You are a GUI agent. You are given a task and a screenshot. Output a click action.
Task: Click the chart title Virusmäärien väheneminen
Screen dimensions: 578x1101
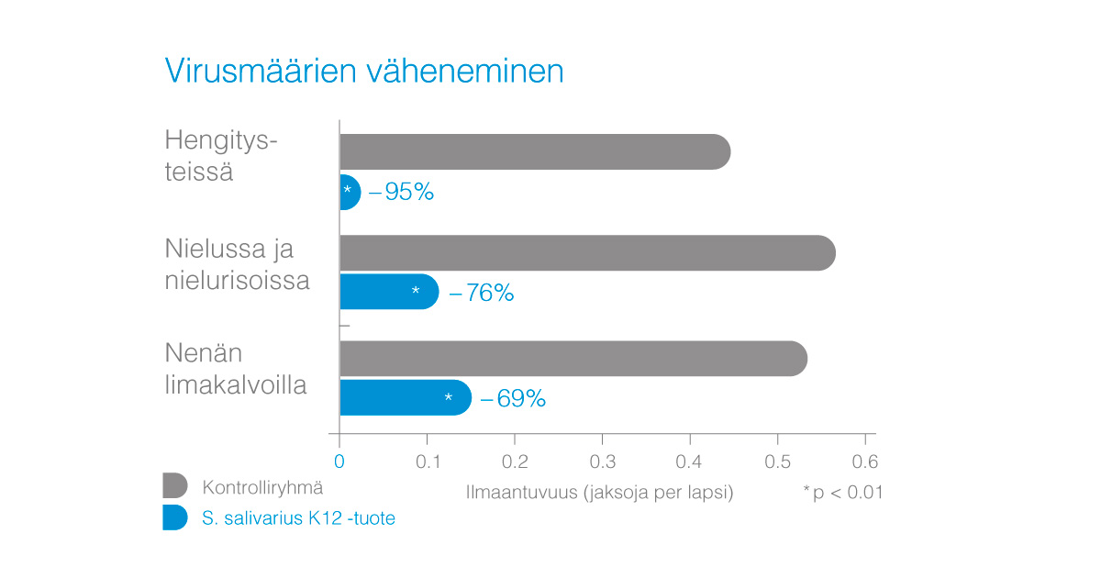pos(364,71)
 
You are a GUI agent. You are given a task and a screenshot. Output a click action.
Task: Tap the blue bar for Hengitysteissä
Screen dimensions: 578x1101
pos(350,192)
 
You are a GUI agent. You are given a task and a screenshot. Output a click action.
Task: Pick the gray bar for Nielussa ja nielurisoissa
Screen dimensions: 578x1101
pos(587,252)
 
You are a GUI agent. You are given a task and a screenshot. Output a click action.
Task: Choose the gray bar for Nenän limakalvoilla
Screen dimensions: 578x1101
pos(573,358)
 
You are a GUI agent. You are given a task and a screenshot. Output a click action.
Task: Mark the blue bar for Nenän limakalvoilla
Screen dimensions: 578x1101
pos(405,397)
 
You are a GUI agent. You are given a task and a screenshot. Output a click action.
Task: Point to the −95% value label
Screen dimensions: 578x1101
pos(401,193)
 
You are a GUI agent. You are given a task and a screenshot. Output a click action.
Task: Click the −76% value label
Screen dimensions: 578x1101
pos(481,293)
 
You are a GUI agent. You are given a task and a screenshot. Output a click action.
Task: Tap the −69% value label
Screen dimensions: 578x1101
pos(513,398)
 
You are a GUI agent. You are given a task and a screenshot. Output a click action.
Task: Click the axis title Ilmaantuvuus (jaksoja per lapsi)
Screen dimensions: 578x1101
pos(599,493)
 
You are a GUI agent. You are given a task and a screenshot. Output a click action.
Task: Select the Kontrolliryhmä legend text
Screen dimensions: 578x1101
pos(262,487)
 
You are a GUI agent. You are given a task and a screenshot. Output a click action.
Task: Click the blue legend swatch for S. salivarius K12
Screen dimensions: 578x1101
pos(174,517)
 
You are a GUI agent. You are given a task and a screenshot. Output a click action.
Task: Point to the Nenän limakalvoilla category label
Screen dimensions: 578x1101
pos(236,369)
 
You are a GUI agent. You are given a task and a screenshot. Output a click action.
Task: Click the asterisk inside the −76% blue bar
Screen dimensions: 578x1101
pos(416,292)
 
